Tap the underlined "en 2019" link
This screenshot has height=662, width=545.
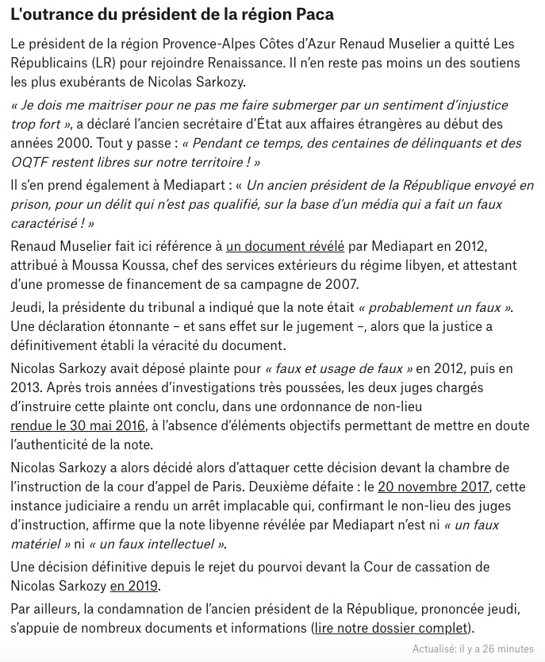point(134,586)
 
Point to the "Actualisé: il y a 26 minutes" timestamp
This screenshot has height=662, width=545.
point(473,649)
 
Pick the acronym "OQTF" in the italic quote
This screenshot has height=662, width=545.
point(32,162)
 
